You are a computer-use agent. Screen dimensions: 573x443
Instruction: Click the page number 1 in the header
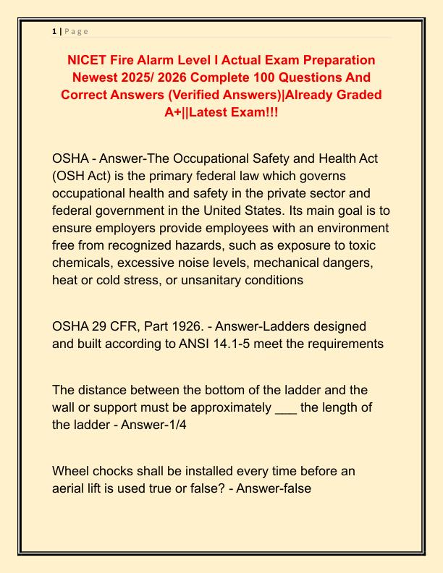point(54,31)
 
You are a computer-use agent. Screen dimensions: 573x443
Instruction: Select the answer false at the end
point(295,488)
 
